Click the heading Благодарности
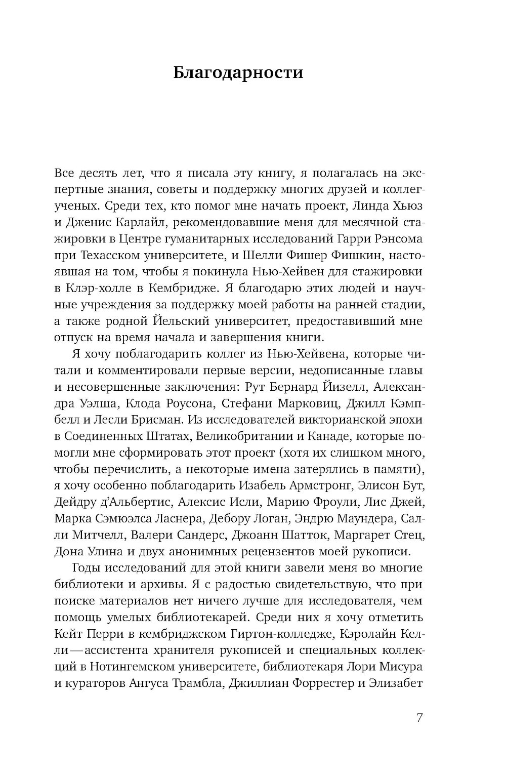tap(238, 73)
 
